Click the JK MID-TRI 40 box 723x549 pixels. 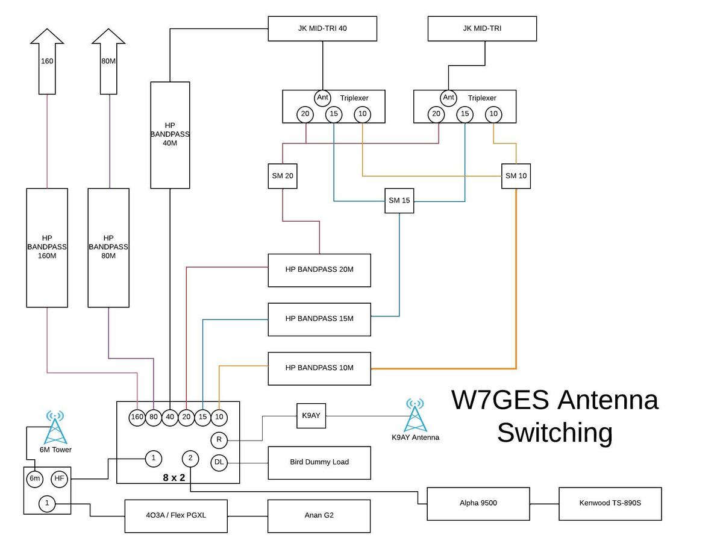(x=322, y=28)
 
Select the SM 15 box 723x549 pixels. (x=399, y=201)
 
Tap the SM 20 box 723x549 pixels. (x=283, y=176)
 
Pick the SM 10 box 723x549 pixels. (x=516, y=176)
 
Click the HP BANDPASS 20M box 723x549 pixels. (x=319, y=270)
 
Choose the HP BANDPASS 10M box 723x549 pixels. (x=319, y=368)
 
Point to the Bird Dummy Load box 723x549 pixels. (x=319, y=463)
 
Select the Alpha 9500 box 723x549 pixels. (x=478, y=503)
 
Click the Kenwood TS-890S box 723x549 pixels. (x=610, y=503)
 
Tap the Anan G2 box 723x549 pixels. (x=319, y=516)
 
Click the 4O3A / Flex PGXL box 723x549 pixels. (x=176, y=516)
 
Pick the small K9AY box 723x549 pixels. (x=311, y=416)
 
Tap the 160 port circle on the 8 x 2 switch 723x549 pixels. (x=137, y=417)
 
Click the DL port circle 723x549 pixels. (x=219, y=463)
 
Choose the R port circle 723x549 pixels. (x=219, y=440)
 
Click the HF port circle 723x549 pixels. (x=59, y=479)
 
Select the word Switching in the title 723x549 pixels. (x=554, y=433)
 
